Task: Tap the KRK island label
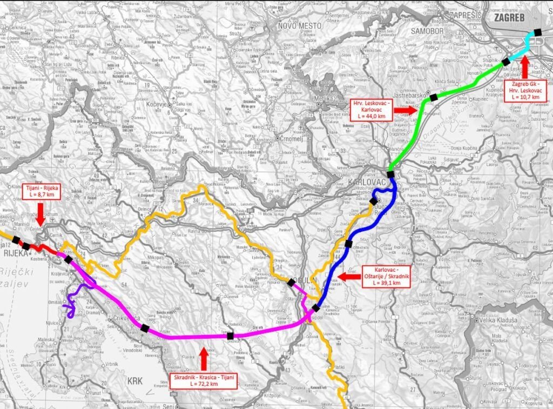tap(135, 380)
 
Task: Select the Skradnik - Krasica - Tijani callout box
tap(204, 380)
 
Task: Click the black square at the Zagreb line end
tap(537, 32)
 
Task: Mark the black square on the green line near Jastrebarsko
tap(433, 97)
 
